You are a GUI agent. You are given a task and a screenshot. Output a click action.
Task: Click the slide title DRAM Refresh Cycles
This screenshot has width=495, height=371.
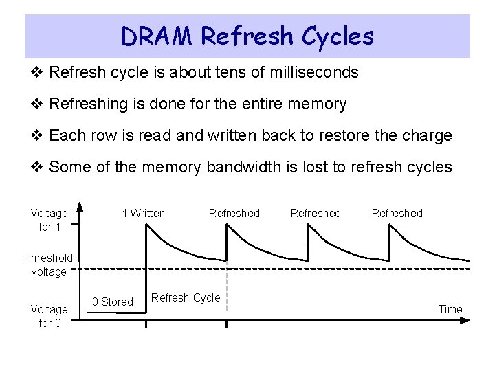[247, 36]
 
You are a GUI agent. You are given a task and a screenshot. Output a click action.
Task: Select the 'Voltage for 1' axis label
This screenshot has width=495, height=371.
[49, 220]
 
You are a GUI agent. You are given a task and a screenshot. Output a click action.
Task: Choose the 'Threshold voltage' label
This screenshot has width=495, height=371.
[48, 265]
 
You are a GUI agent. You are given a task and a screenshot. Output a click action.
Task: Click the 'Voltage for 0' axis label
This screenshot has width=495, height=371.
[49, 316]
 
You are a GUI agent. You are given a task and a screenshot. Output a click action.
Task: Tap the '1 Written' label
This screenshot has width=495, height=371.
[143, 213]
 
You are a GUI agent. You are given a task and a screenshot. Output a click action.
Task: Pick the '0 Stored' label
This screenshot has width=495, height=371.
[113, 302]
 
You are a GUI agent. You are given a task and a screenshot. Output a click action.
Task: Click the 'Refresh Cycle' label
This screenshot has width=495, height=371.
[186, 297]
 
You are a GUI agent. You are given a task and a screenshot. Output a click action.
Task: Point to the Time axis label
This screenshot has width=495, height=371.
[450, 309]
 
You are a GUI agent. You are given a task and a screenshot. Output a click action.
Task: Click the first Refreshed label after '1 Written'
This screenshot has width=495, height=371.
[234, 213]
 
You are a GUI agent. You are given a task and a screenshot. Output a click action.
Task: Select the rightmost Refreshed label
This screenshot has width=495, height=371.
[397, 213]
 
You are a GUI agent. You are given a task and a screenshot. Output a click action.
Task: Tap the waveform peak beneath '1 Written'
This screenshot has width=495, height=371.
[147, 225]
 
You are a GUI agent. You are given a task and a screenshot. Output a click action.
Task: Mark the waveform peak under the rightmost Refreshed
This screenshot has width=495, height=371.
[390, 227]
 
